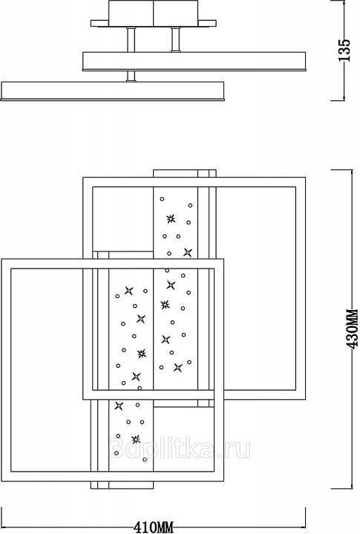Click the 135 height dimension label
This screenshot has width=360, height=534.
pyautogui.click(x=344, y=50)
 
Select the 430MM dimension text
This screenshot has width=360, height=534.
pyautogui.click(x=352, y=329)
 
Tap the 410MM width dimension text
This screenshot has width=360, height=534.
pyautogui.click(x=154, y=527)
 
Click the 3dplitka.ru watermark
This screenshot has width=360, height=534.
pyautogui.click(x=180, y=448)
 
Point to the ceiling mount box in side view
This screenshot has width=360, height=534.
pyautogui.click(x=154, y=13)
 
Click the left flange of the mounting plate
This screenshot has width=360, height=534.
pyautogui.click(x=99, y=23)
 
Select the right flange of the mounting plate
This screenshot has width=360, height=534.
pyautogui.click(x=207, y=23)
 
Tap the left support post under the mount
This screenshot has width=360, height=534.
pyautogui.click(x=131, y=39)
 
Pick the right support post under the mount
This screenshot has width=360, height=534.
pyautogui.click(x=176, y=39)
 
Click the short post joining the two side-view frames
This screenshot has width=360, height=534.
pyautogui.click(x=131, y=76)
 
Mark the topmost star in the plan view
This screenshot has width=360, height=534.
pyautogui.click(x=171, y=219)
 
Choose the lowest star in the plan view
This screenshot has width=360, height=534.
pyautogui.click(x=136, y=439)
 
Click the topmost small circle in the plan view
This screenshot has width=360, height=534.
pyautogui.click(x=162, y=199)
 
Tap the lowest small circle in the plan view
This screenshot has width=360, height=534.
pyautogui.click(x=145, y=459)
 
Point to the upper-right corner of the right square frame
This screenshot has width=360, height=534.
pyautogui.click(x=305, y=177)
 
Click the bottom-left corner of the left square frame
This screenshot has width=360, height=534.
pyautogui.click(x=1, y=481)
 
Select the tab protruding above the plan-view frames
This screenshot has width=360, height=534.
pyautogui.click(x=184, y=174)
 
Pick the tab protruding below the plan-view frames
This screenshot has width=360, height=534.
pyautogui.click(x=122, y=485)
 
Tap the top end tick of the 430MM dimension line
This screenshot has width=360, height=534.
pyautogui.click(x=341, y=170)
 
